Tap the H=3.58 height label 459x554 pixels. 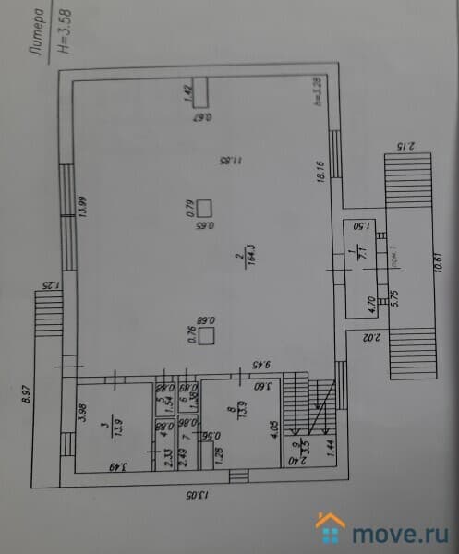[x=62, y=35]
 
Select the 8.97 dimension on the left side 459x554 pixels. [x=28, y=394]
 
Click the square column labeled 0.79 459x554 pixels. [x=205, y=208]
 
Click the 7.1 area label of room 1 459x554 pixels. [x=363, y=253]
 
